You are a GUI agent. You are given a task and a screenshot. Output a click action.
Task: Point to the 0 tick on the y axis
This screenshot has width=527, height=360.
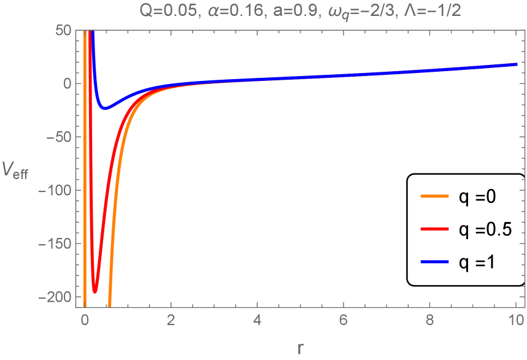pos(67,83)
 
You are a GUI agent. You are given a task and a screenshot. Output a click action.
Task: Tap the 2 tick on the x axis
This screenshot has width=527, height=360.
pos(171,320)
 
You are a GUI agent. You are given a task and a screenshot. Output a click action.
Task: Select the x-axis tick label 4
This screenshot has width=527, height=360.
pos(257,320)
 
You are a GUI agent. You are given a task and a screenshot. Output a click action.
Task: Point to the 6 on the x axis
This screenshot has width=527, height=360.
pos(344,320)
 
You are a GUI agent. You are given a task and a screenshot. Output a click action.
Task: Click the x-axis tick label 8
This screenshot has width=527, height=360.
pos(429,320)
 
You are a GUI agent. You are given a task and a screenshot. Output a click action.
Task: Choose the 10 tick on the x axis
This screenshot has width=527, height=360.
pos(516,320)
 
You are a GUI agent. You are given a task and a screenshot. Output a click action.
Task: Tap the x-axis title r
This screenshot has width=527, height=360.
pos(300,348)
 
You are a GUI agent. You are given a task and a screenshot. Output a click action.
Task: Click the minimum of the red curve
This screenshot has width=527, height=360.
pos(95,292)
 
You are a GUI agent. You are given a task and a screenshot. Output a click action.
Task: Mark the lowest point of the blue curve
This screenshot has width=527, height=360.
pos(105,109)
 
